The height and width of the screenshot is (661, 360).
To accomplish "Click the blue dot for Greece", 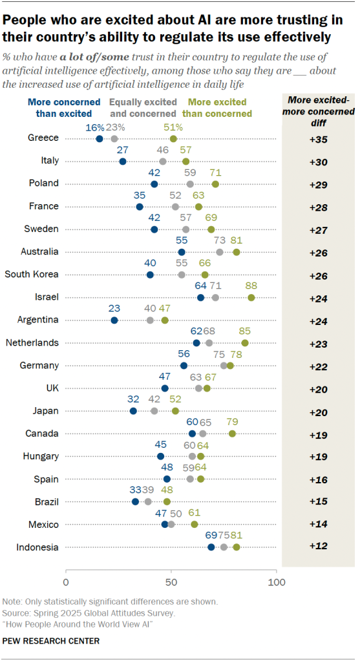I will pos(100,139).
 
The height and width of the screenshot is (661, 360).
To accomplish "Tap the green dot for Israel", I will pos(251,297).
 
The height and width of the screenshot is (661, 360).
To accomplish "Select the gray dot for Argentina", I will pos(151,320).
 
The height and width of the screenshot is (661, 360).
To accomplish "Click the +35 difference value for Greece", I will pos(317,139).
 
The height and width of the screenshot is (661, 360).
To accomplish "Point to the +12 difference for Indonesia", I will pos(317,547).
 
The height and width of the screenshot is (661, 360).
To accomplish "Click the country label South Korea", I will pos(32,274).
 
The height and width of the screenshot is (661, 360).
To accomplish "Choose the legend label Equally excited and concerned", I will pos(143,108).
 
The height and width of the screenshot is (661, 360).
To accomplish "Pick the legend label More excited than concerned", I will pos(217,108).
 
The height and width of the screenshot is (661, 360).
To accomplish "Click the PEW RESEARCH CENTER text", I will pos(51,641).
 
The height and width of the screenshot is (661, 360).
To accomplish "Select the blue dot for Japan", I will pos(133,411).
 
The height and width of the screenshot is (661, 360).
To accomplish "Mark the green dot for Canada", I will pos(232,434).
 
